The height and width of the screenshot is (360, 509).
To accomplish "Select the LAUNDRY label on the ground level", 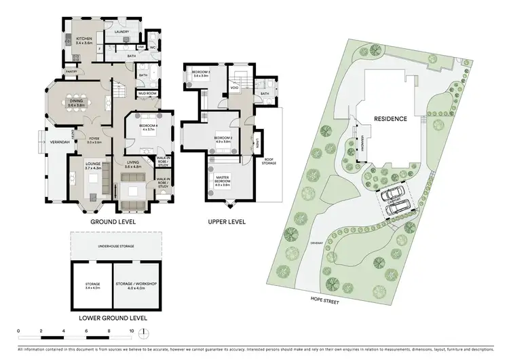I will pos(121,32).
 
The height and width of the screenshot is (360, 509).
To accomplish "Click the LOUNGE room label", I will pos(94,165).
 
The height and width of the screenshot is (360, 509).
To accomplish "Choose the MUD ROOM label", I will pos(147,92).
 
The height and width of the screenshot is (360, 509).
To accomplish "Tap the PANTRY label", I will pos(71,71).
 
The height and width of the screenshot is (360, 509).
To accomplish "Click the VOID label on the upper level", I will pos(234,87).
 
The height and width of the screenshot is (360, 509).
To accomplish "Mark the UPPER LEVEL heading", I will pos(227,221).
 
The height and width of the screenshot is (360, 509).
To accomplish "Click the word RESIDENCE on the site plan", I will pos(390,119).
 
